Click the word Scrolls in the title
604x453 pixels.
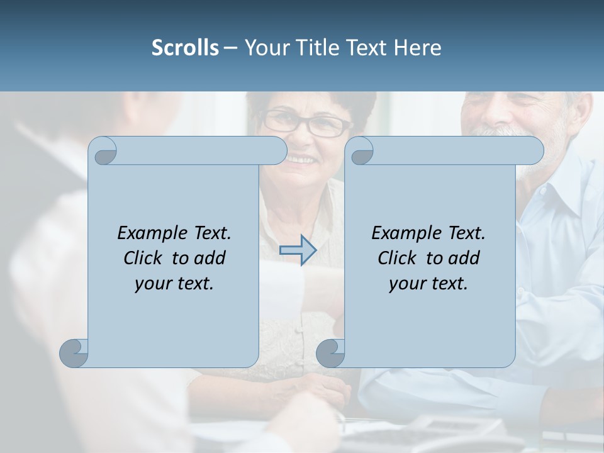click(x=186, y=48)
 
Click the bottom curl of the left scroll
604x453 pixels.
click(x=74, y=354)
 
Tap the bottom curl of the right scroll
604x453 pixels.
click(x=330, y=354)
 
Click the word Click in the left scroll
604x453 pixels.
click(x=144, y=258)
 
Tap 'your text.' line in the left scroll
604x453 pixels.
click(x=174, y=283)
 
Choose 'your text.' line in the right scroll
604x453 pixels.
click(x=428, y=283)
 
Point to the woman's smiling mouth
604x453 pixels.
click(x=302, y=159)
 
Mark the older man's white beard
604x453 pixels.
click(x=497, y=133)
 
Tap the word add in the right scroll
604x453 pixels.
click(x=464, y=258)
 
